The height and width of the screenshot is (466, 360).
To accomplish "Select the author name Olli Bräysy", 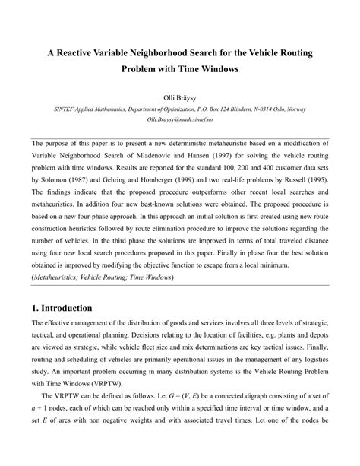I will (180, 98).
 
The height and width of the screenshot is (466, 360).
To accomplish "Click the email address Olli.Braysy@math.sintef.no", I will (179, 120).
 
